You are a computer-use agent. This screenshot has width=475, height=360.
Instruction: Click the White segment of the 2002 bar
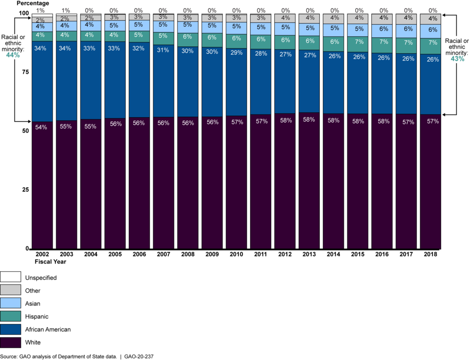tap(42, 184)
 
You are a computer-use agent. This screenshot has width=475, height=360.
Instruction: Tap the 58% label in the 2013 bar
tap(309, 120)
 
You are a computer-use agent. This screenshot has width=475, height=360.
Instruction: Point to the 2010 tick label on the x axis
tap(236, 254)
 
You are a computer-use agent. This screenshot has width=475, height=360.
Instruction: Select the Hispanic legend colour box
tap(11, 317)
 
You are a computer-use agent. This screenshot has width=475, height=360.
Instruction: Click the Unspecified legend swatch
tap(11, 278)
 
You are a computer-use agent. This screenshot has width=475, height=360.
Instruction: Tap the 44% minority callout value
tap(13, 55)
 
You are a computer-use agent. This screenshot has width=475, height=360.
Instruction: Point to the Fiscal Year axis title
tap(50, 262)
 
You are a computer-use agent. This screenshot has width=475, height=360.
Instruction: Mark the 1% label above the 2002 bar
tap(41, 10)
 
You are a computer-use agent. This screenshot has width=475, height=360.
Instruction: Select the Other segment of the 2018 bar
tap(430, 19)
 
